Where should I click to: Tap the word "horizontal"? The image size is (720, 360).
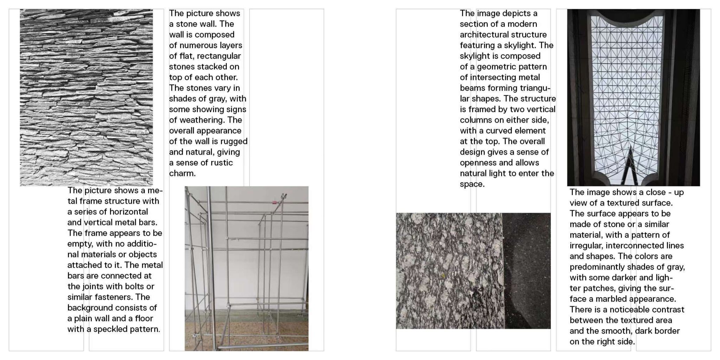tap(128, 212)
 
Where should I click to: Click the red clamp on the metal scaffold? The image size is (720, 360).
tap(273, 202)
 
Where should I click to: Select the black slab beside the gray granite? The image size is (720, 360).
tap(527, 271)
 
